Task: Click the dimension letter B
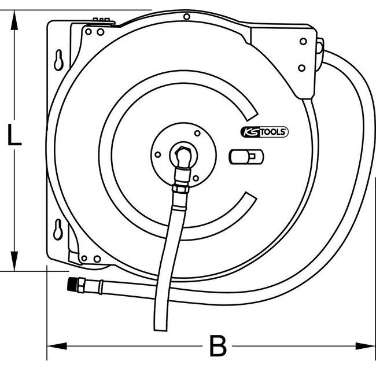pos(217,348)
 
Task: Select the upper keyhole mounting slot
pos(59,59)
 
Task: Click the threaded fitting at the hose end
pos(73,283)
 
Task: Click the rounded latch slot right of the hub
pos(245,156)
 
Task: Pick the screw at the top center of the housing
pos(186,17)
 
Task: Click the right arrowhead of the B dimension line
pos(367,347)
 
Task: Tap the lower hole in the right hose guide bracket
pos(301,68)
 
